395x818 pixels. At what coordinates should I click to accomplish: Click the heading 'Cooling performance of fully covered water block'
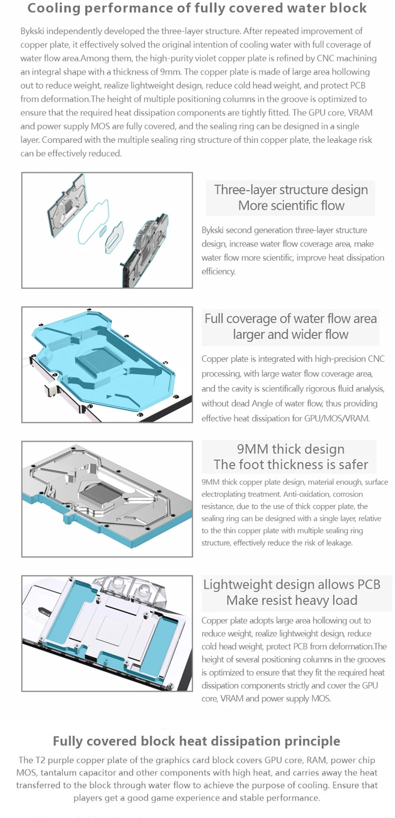point(197,8)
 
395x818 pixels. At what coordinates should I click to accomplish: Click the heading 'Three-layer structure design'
point(291,190)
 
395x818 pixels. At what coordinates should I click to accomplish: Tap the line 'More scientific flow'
point(291,206)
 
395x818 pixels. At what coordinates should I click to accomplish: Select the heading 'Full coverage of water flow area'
point(290,318)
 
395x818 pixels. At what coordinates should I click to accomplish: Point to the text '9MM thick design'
point(290,449)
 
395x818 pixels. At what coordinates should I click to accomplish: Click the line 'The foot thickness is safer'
point(291,464)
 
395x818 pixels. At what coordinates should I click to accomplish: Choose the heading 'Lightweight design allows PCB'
point(292,584)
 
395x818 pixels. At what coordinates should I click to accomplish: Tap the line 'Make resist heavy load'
point(292,600)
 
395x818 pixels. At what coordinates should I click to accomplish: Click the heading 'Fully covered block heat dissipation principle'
point(197,741)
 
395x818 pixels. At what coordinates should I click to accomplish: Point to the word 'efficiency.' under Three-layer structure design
point(218,271)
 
